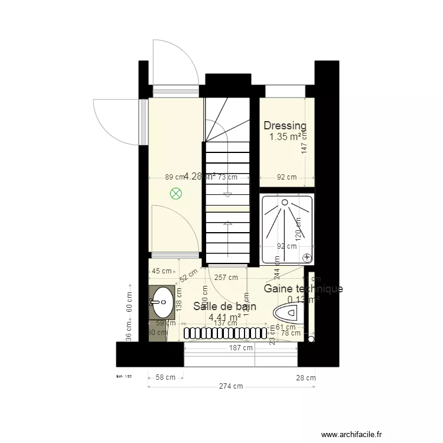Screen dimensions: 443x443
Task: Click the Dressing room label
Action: click(285, 125)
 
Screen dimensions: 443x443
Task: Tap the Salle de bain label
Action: click(225, 306)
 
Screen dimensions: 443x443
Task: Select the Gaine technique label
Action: click(303, 289)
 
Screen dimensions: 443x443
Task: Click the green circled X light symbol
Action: click(176, 193)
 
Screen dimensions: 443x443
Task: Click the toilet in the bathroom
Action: click(289, 314)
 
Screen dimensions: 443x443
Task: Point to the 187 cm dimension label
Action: click(240, 348)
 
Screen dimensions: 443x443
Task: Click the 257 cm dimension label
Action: click(226, 277)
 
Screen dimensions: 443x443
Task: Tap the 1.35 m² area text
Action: click(286, 137)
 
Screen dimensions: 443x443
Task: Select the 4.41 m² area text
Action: click(224, 317)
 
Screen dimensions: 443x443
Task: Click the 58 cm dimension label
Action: click(165, 377)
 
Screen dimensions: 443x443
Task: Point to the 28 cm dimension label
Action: click(306, 378)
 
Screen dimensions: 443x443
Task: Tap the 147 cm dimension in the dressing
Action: click(305, 142)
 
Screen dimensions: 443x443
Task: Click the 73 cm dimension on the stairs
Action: click(227, 177)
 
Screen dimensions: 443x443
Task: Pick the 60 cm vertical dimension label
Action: click(129, 304)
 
